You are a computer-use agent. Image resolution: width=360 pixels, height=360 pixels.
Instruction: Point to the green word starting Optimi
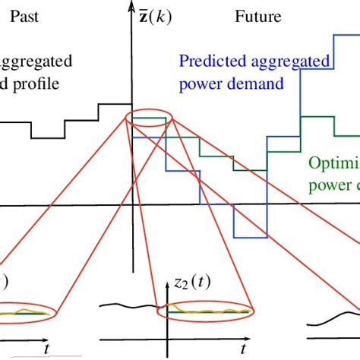pyautogui.click(x=333, y=163)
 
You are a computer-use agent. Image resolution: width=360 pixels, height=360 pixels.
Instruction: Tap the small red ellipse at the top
pyautogui.click(x=148, y=118)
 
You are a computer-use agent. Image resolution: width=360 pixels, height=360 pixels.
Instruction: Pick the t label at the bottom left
pyautogui.click(x=47, y=347)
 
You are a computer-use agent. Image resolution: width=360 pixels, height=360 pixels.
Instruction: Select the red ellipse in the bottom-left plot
pyautogui.click(x=27, y=310)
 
